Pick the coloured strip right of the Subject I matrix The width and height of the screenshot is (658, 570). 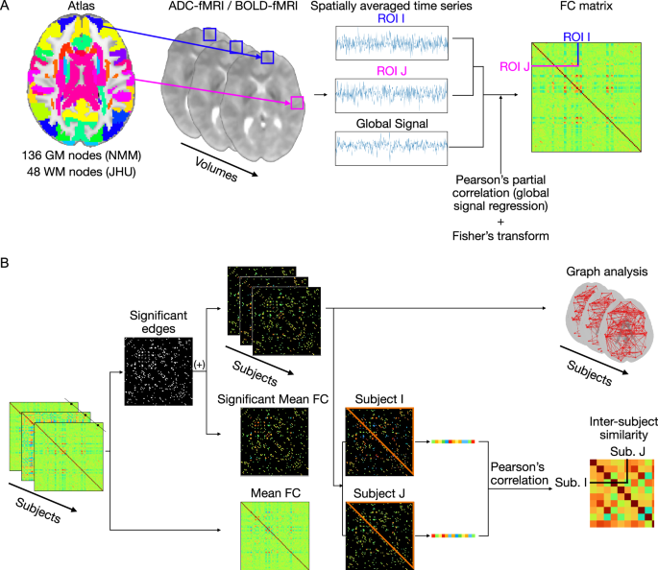point(455,441)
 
